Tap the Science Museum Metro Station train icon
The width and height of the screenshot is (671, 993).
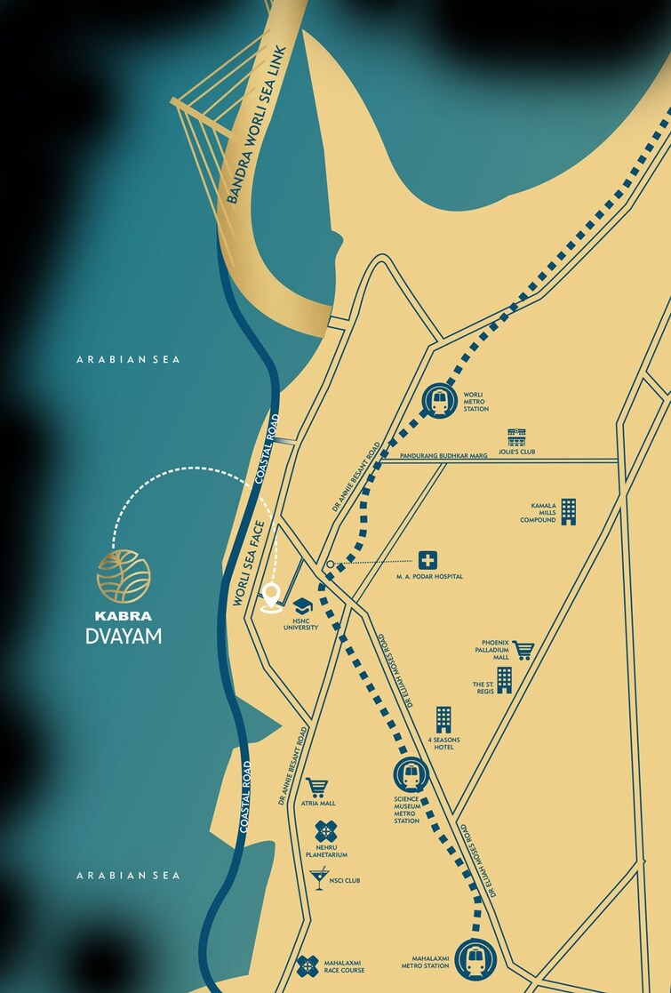(411, 774)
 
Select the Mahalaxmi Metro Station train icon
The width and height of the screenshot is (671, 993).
(475, 959)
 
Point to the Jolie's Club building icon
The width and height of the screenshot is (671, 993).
(516, 437)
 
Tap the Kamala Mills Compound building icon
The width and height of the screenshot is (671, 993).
(568, 511)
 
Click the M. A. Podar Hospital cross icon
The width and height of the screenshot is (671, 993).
(428, 560)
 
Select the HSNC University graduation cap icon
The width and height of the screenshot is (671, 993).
(302, 605)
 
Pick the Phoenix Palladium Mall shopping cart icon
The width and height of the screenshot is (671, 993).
(523, 651)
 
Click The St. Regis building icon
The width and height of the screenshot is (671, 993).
(504, 680)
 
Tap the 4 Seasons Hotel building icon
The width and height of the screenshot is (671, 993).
(443, 720)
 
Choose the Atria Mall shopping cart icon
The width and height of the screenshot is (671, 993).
(316, 787)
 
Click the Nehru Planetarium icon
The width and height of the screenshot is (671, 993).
(326, 832)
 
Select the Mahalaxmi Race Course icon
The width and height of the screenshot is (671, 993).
(308, 966)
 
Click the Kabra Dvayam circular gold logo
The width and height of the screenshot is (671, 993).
(124, 575)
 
